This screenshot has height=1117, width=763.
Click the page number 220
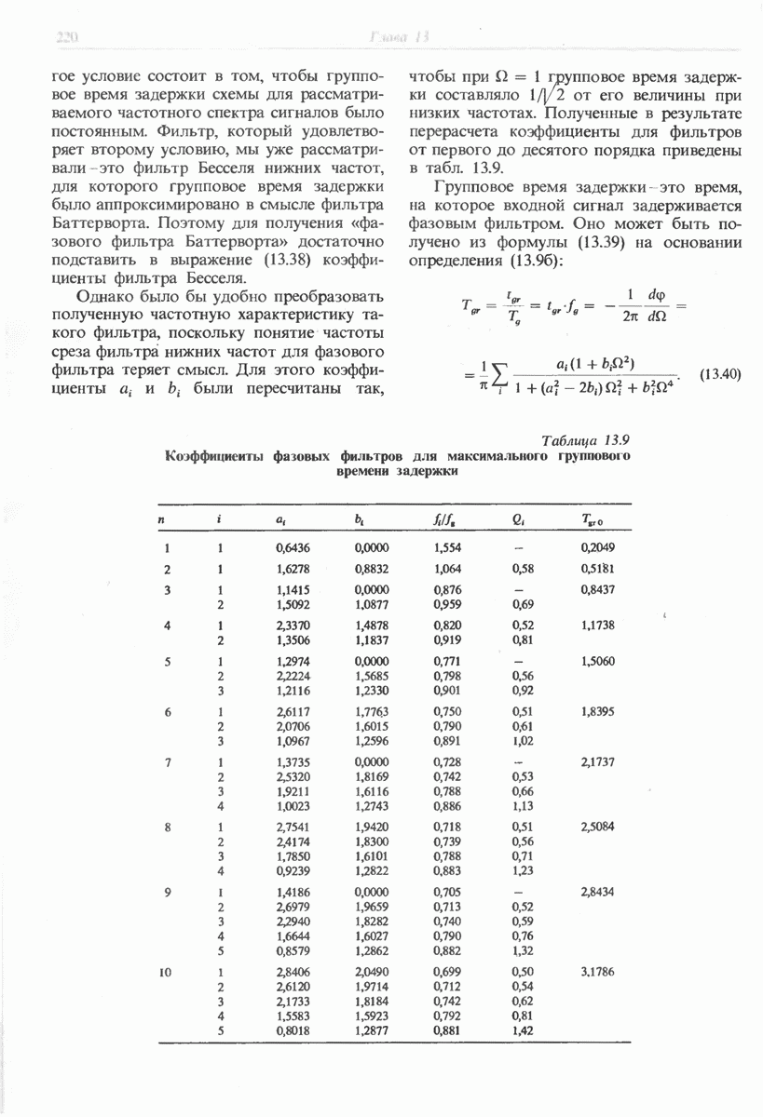coord(65,37)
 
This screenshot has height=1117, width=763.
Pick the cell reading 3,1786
coord(597,974)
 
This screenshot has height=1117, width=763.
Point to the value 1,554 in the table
coord(448,548)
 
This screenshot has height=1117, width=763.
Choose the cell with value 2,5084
coord(597,827)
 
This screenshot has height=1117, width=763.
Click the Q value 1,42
coord(523,1031)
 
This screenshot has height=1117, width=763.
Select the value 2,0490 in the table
coord(371,974)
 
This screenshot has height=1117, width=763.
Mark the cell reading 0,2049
coord(597,548)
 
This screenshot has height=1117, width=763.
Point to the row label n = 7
coord(166,762)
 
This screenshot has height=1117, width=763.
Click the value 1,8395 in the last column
coord(597,712)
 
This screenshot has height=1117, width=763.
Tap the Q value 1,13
coord(523,806)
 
